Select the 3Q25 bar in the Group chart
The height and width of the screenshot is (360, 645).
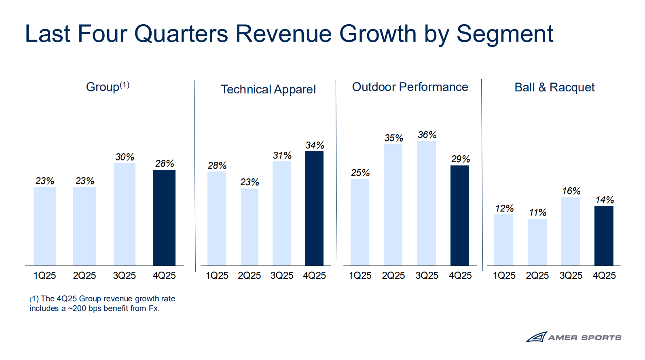coord(125,214)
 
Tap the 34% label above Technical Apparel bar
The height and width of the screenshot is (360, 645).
coord(315,145)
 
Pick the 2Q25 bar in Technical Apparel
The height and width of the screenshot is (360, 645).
coord(250,227)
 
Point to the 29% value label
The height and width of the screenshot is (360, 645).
coord(461,159)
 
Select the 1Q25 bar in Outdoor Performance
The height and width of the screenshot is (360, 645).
coord(360,222)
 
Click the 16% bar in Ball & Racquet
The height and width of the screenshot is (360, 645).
coord(570,231)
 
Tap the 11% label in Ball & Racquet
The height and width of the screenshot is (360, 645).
coord(537,212)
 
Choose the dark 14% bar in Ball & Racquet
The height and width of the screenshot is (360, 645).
coord(604,236)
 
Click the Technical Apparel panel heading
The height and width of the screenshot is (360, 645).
coord(268,89)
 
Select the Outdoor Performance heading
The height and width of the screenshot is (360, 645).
coord(410,87)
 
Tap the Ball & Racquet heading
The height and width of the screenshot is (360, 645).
coord(554,87)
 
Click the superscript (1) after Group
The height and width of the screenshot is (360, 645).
coord(125,85)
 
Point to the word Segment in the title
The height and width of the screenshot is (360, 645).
coord(505,34)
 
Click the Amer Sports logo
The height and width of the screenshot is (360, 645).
coord(573,337)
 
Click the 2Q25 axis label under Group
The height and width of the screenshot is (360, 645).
coord(85,275)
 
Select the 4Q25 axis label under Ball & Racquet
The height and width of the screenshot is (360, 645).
coord(604,275)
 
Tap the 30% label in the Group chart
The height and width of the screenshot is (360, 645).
coord(125,157)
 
